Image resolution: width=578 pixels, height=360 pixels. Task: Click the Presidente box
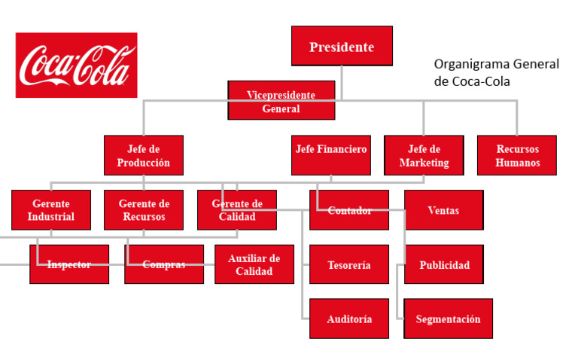[x=342, y=46]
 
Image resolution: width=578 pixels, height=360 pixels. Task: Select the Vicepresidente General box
[x=281, y=101]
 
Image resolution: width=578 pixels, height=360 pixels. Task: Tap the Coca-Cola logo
[x=76, y=65]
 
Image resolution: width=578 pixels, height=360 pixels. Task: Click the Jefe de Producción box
[x=144, y=155]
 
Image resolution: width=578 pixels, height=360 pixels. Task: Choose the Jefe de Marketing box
[x=424, y=155]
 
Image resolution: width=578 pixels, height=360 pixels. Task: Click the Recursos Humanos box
[x=517, y=155]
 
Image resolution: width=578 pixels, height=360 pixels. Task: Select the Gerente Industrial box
[x=51, y=209]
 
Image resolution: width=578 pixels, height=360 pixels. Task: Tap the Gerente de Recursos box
[x=144, y=209]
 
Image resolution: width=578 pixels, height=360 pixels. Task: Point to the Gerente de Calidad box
[x=237, y=209]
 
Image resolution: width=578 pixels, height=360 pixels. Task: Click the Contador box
[x=349, y=209]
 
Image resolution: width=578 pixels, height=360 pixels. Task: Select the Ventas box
[x=444, y=209]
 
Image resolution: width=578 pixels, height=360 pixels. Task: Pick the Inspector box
[x=69, y=264]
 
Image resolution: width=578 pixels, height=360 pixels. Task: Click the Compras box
[x=164, y=264]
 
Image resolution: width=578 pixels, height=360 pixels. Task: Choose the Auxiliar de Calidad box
[x=254, y=264]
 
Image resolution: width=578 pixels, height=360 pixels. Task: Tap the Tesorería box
[x=349, y=264]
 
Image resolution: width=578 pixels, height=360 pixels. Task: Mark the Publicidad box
[x=444, y=264]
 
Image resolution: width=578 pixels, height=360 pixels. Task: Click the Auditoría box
[x=349, y=319]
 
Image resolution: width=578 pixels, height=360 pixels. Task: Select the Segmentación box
[x=449, y=319]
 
